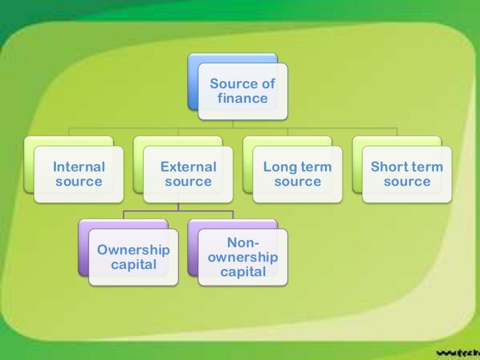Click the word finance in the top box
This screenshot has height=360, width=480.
[x=243, y=99]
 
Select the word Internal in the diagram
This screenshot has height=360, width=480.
[x=79, y=167]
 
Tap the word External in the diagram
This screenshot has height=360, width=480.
[x=189, y=167]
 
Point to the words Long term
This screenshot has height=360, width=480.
[x=297, y=167]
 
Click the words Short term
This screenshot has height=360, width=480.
[x=407, y=167]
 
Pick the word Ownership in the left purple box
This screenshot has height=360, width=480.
[x=133, y=250]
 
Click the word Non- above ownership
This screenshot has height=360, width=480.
[x=243, y=243]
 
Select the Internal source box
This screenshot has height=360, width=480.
[x=79, y=174]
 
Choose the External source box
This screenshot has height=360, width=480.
[x=189, y=174]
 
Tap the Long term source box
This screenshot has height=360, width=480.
[x=298, y=174]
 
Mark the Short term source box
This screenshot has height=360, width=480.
[x=407, y=174]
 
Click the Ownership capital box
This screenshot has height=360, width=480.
[x=133, y=257]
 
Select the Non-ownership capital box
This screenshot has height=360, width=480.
[x=243, y=257]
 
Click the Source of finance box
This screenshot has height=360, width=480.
[x=243, y=91]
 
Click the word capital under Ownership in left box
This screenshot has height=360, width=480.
[x=134, y=265]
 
